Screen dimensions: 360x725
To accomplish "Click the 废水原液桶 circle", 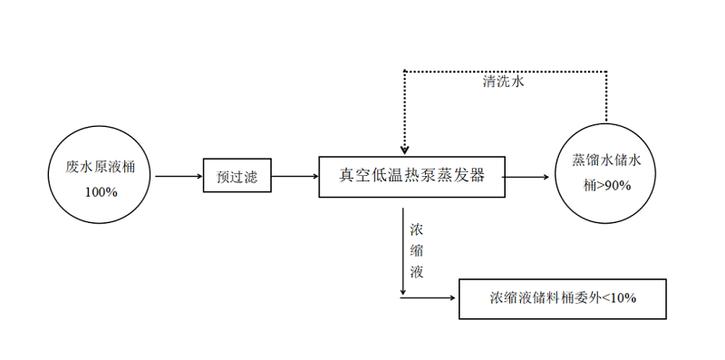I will [x=100, y=176].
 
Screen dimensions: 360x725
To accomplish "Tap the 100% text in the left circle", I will [x=101, y=192].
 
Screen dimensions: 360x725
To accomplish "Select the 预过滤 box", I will [x=237, y=177].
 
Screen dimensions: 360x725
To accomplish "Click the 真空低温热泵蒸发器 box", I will [x=412, y=176].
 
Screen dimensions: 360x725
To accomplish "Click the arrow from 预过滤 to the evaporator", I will [x=295, y=177].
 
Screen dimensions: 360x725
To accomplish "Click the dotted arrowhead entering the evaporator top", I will [x=404, y=149].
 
